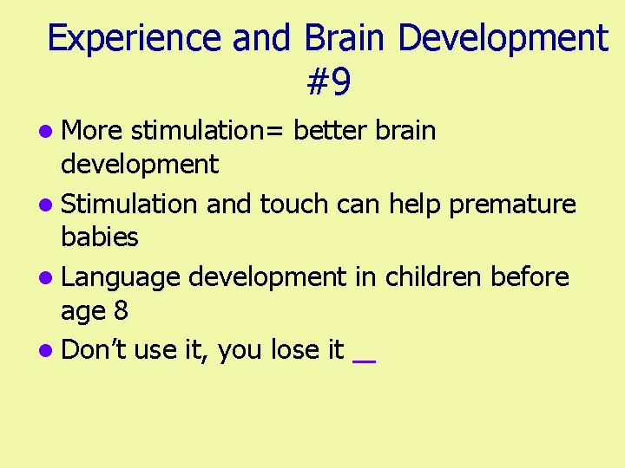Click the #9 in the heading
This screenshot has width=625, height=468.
coord(329,83)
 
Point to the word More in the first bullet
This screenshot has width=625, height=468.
coord(94,131)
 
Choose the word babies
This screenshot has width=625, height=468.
coord(100,235)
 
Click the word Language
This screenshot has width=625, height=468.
coord(122,277)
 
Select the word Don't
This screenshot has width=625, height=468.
coord(95,350)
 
